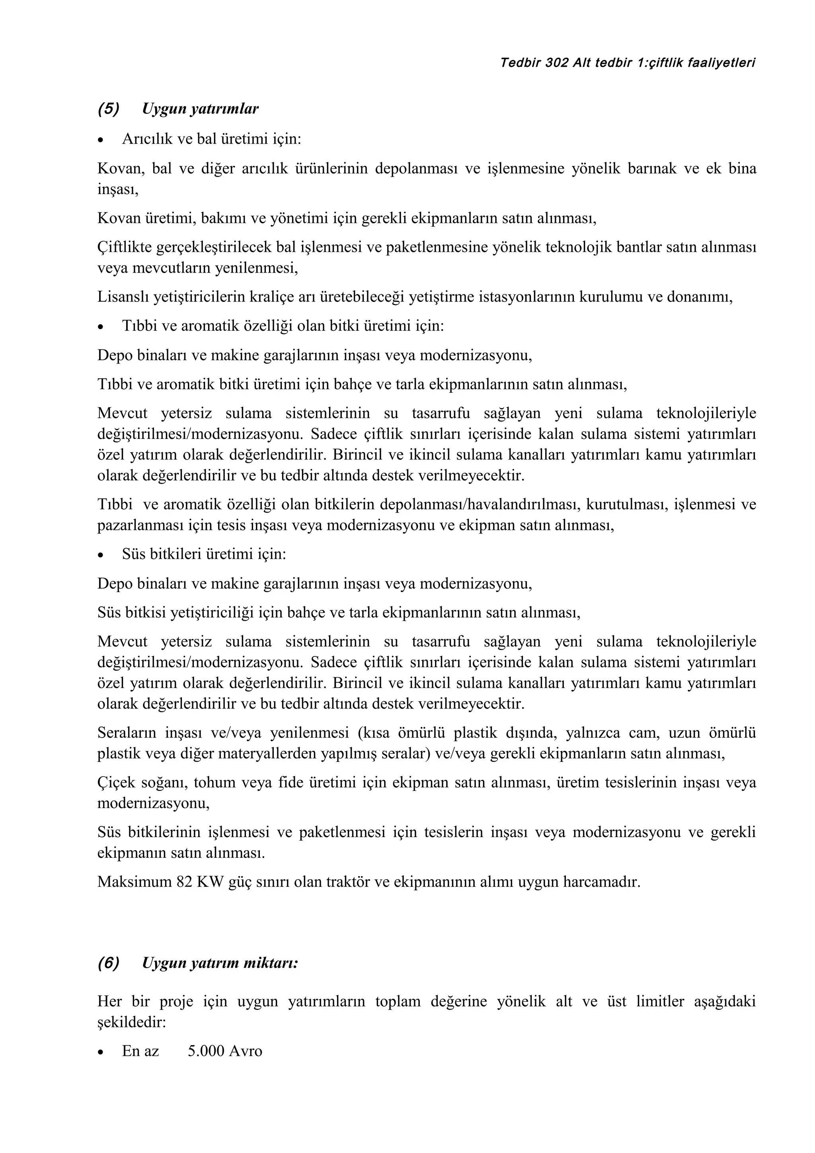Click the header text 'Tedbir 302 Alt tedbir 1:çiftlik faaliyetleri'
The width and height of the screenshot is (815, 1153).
pos(628,63)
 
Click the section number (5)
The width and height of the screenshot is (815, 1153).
pos(109,109)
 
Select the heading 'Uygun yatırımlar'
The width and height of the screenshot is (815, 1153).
pos(200,109)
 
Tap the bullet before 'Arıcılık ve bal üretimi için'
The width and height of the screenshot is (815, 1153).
pos(102,140)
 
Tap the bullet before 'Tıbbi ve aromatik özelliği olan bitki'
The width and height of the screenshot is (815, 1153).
pos(102,327)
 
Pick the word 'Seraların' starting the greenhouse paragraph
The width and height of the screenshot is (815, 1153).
pos(127,733)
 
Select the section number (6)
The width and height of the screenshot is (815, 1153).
pos(109,963)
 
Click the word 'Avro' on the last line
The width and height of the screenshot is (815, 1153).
pos(246,1051)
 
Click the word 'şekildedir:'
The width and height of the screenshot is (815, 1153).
pos(132,1022)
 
